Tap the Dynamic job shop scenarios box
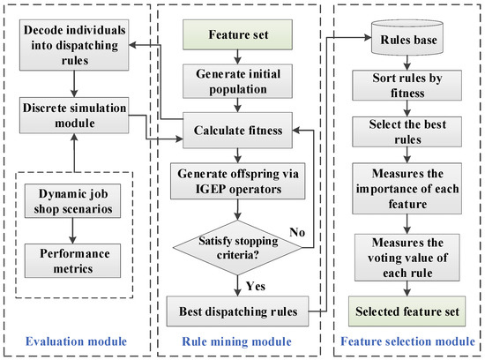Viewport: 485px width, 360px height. click(74, 199)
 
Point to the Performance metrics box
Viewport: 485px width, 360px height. click(74, 258)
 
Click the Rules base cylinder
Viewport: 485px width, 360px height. click(404, 41)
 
